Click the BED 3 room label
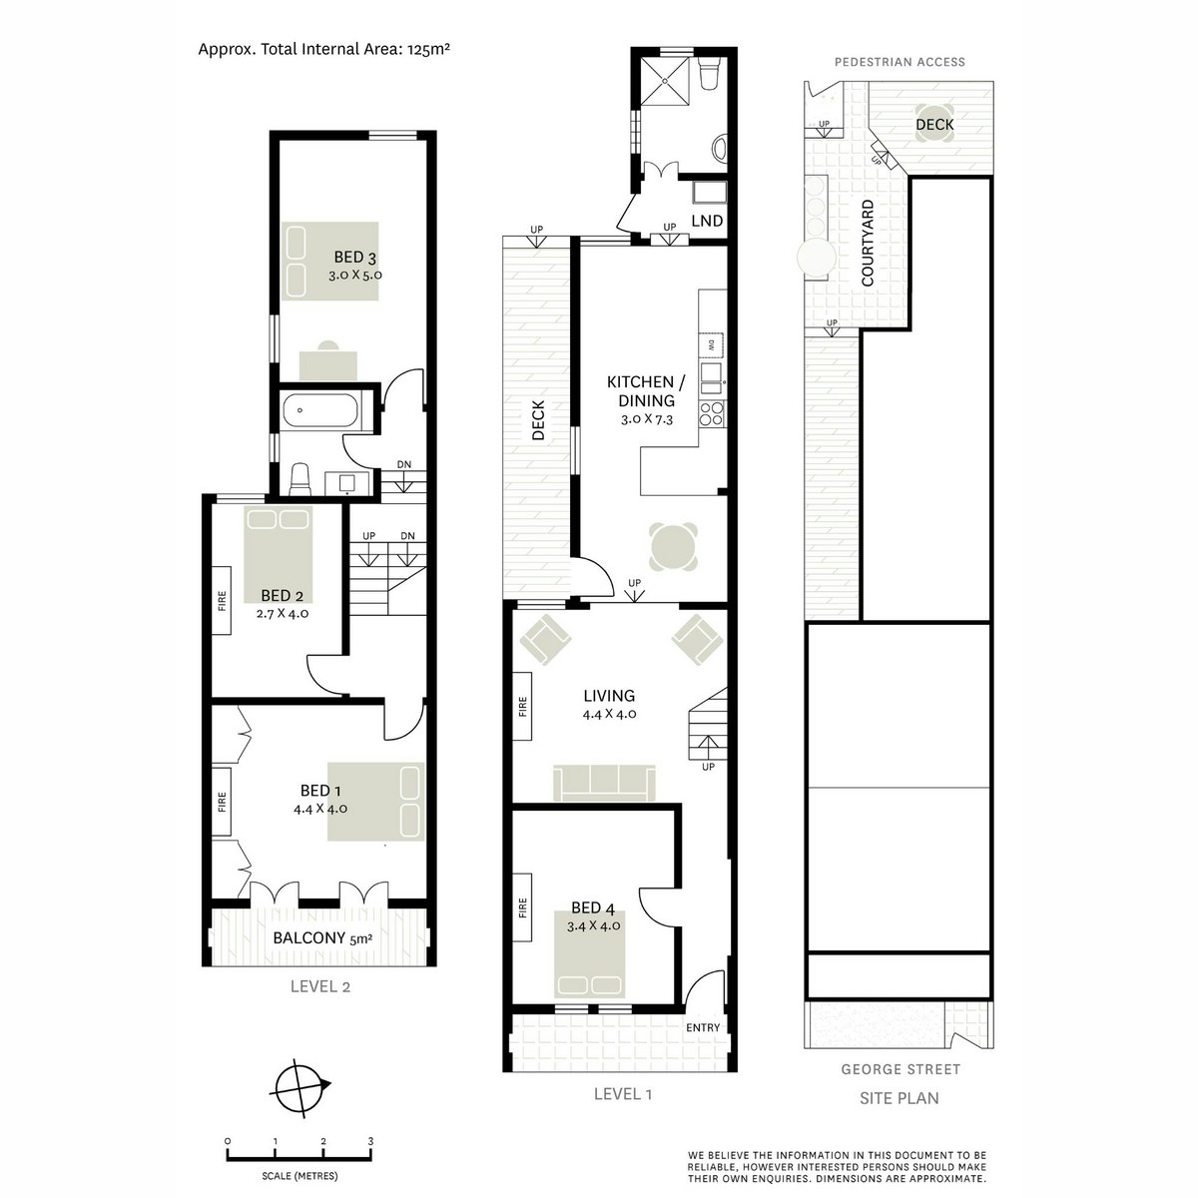coord(355,257)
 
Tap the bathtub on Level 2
coord(320,410)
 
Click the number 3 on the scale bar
coord(371,1141)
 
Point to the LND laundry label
coord(707,221)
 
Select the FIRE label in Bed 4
coord(522,907)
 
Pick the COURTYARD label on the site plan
coord(868,243)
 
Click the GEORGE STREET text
coord(900,1069)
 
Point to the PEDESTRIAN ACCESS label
coord(899,62)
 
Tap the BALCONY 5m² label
coord(322,937)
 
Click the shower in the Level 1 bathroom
coord(665,82)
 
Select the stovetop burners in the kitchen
coord(712,412)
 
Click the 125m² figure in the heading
coord(428,49)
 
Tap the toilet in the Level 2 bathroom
coord(300,479)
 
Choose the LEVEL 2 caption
coord(320,986)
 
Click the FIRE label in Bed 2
coord(222,601)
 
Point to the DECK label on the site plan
coord(934,125)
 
